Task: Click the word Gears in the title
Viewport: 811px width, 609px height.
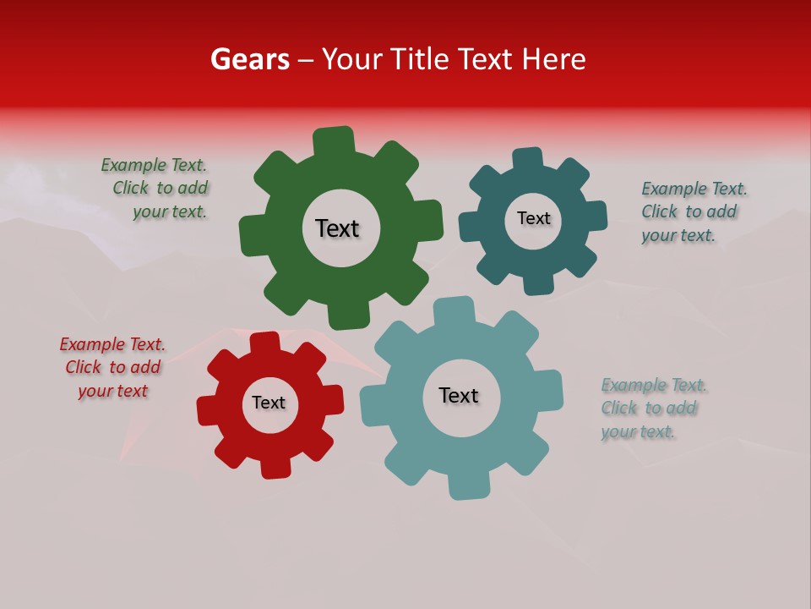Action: point(250,59)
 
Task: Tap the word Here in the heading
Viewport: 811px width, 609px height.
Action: point(553,59)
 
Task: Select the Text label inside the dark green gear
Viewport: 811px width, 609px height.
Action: point(337,228)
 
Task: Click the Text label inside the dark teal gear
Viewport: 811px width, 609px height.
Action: point(533,218)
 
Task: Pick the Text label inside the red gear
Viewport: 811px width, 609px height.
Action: point(269,403)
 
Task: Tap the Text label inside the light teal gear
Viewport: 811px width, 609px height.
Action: point(459,395)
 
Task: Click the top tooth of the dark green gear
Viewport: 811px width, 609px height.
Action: point(333,140)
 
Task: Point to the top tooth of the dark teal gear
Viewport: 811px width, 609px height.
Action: point(528,159)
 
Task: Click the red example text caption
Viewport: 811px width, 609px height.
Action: point(112,368)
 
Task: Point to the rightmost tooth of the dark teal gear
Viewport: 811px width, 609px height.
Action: point(596,216)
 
